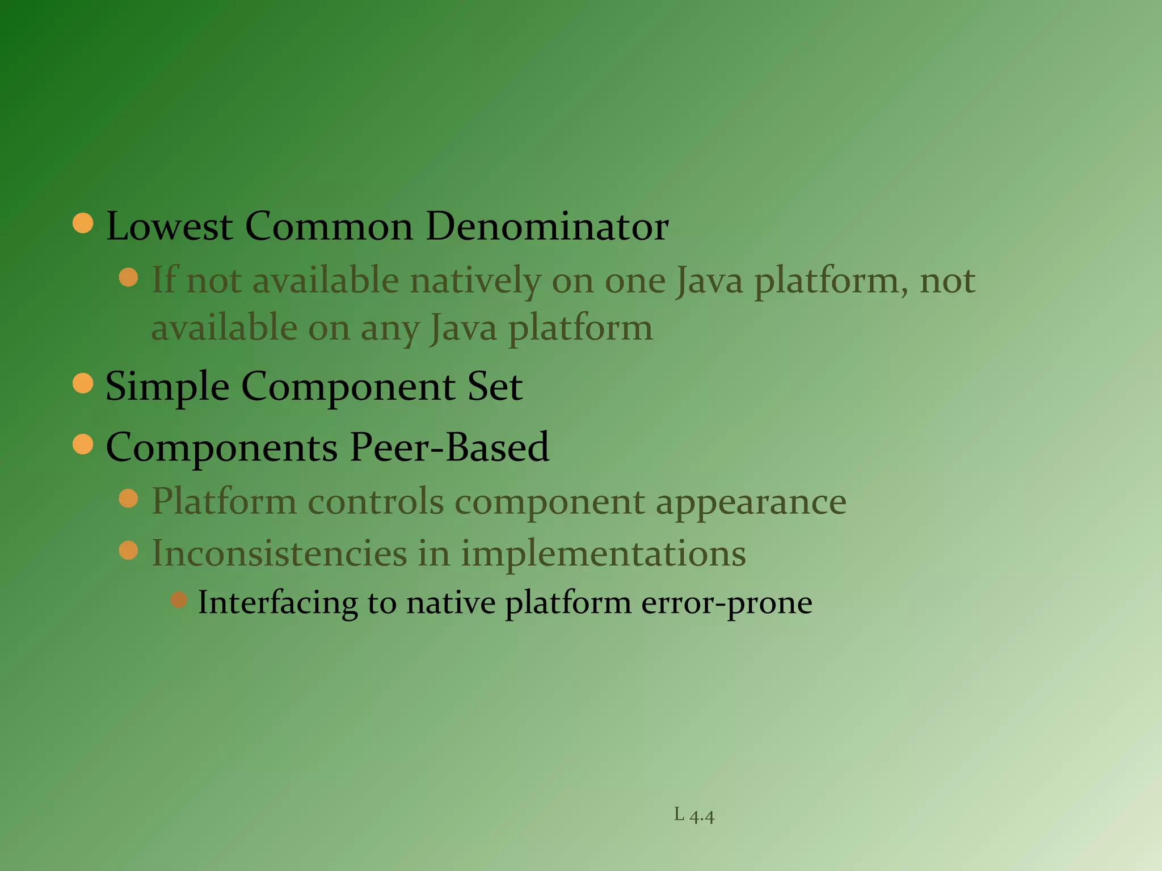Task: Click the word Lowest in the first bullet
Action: (x=169, y=227)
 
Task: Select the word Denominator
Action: (x=547, y=227)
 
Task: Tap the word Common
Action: (x=329, y=227)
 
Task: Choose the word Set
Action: (x=495, y=387)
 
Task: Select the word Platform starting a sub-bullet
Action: (x=224, y=502)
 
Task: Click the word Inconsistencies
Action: (x=279, y=553)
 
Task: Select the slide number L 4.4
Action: (x=694, y=815)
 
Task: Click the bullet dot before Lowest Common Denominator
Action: (x=83, y=223)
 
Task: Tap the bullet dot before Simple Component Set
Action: (x=83, y=383)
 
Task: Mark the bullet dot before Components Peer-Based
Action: (x=83, y=444)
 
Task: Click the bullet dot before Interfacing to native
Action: (x=179, y=599)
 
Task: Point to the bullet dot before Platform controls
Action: (x=129, y=498)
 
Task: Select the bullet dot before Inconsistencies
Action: (x=129, y=550)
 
